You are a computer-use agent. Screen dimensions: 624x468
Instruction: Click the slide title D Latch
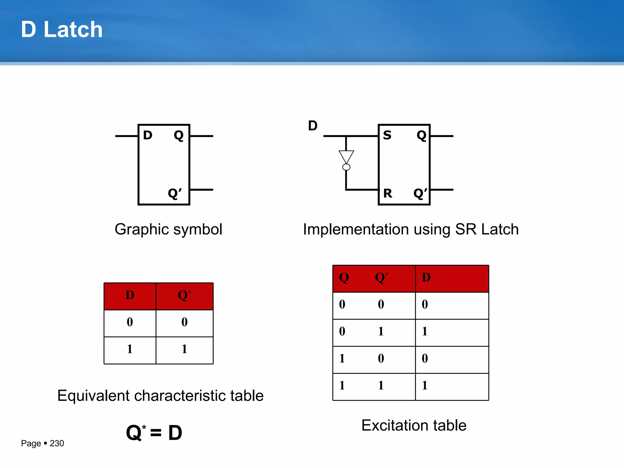[62, 30]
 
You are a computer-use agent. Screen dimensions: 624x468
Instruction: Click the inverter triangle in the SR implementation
[346, 156]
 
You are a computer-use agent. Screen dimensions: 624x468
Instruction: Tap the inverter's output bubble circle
[346, 167]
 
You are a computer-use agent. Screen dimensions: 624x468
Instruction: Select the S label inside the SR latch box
[387, 135]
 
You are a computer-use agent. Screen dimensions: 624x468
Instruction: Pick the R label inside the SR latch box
[388, 193]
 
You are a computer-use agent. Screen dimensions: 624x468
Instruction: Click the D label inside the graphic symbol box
[147, 135]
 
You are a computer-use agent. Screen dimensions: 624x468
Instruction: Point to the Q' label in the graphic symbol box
[175, 193]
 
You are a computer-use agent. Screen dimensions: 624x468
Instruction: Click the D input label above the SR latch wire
[313, 126]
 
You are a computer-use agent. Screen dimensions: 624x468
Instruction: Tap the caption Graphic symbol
[168, 229]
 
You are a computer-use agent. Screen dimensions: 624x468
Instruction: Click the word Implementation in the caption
[356, 229]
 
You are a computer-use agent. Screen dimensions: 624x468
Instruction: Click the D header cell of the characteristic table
[130, 295]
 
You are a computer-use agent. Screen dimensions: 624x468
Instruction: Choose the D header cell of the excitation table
[426, 277]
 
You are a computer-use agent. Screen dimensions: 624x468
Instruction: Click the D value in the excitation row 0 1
[425, 331]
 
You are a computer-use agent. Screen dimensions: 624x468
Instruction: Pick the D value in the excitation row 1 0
[425, 358]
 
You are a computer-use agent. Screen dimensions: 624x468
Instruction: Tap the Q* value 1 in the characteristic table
[184, 349]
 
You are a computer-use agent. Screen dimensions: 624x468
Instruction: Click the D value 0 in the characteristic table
[130, 322]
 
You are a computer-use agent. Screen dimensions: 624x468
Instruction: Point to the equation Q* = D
[154, 433]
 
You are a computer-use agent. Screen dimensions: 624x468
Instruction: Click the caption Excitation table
[414, 425]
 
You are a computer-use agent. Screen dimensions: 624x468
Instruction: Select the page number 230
[57, 443]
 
